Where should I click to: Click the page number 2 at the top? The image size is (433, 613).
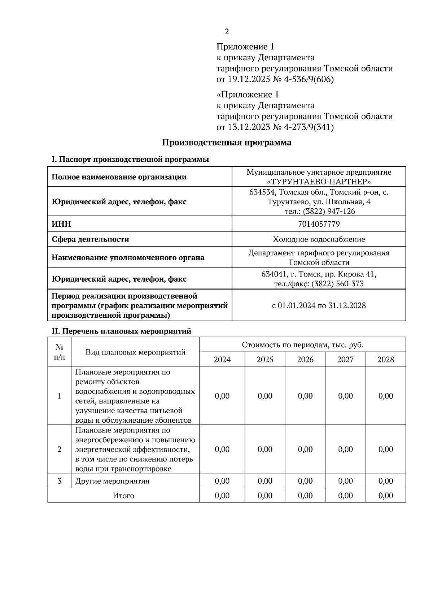pos(227,32)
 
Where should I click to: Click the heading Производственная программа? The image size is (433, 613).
pos(226,143)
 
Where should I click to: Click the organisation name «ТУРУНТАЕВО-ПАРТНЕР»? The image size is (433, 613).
pos(319,181)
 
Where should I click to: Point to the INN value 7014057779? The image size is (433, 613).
pos(319,224)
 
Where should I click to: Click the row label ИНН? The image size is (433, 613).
pos(61,224)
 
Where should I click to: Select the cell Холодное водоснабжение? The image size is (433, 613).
pos(319,239)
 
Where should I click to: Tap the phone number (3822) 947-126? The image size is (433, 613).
pos(329,211)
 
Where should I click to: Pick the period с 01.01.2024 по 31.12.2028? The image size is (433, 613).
pos(319,305)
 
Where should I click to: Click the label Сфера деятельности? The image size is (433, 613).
pos(90,239)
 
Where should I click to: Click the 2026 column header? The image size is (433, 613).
pos(305,360)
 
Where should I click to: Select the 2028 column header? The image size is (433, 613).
pos(385,360)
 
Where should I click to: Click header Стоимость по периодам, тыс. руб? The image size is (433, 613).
pos(302,345)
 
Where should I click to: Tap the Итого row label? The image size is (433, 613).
pos(123,496)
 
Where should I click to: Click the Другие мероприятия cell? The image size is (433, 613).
pos(112,481)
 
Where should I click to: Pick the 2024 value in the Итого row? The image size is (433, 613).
pos(222,496)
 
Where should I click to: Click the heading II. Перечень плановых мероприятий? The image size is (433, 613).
pos(122,331)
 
